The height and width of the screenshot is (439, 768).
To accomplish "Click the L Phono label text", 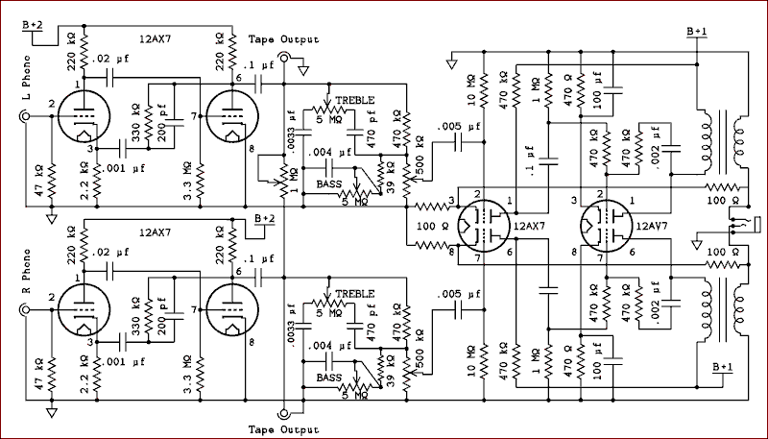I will pyautogui.click(x=11, y=80).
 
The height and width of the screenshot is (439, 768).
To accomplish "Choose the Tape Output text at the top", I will pyautogui.click(x=285, y=39).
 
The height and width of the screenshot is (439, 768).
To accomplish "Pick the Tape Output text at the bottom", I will pyautogui.click(x=285, y=429).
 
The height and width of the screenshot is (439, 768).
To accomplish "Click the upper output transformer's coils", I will pyautogui.click(x=723, y=139).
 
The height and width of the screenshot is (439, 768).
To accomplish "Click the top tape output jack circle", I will pyautogui.click(x=285, y=57).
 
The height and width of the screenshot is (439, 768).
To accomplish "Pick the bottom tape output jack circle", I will pyautogui.click(x=285, y=414).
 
